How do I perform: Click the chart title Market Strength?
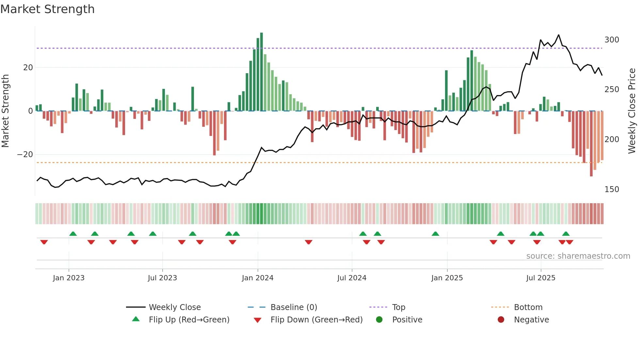48,9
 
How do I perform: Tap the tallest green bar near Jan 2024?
262,72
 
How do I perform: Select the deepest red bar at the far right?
591,144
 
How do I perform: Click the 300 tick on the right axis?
612,40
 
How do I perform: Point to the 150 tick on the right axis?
612,189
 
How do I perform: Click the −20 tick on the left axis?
25,155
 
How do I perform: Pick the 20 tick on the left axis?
28,68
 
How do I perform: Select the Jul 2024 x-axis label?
352,278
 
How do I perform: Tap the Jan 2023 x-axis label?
69,278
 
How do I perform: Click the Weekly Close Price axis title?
632,111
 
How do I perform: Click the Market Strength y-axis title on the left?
6,111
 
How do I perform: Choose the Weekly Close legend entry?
175,307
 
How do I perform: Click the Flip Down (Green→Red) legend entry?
316,320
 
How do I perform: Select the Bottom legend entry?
528,307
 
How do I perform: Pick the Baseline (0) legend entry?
294,307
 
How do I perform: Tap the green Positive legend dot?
379,319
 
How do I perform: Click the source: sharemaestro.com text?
578,256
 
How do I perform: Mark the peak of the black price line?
559,35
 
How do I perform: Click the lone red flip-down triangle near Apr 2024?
309,242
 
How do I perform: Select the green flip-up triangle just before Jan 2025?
435,234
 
